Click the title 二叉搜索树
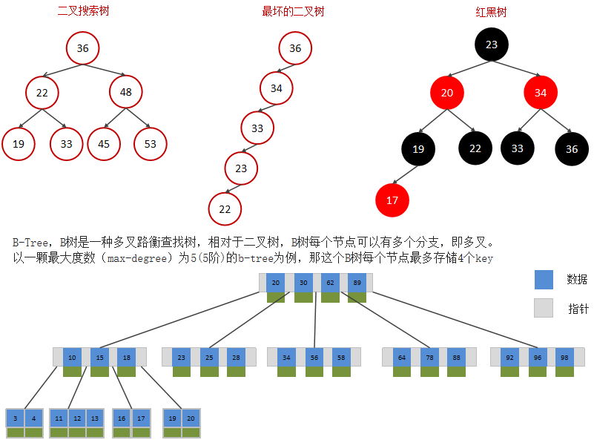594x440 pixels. pos(83,12)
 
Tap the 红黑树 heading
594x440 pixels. pos(491,12)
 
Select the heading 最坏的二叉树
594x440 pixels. pos(293,12)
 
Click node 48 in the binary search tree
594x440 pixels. pos(125,93)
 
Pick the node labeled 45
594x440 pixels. pos(104,144)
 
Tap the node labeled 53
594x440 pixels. pos(151,144)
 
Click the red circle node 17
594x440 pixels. pos(392,200)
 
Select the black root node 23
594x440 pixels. pos(492,45)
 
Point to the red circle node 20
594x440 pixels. pos(446,93)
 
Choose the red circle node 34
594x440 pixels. pos(541,93)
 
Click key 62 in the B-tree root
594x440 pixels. pos(330,283)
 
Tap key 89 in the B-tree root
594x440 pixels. pos(357,283)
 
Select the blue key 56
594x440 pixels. pos(314,357)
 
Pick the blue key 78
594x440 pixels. pos(429,357)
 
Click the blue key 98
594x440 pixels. pos(564,357)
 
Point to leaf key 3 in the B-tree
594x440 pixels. pos(16,418)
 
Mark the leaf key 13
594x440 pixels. pos(94,418)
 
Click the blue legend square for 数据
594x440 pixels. pos(544,279)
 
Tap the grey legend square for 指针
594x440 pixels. pos(544,308)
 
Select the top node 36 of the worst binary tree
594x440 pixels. pos(295,48)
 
